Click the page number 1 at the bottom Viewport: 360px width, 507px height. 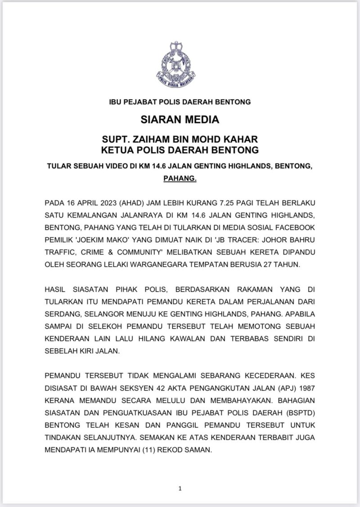pyautogui.click(x=180, y=488)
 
